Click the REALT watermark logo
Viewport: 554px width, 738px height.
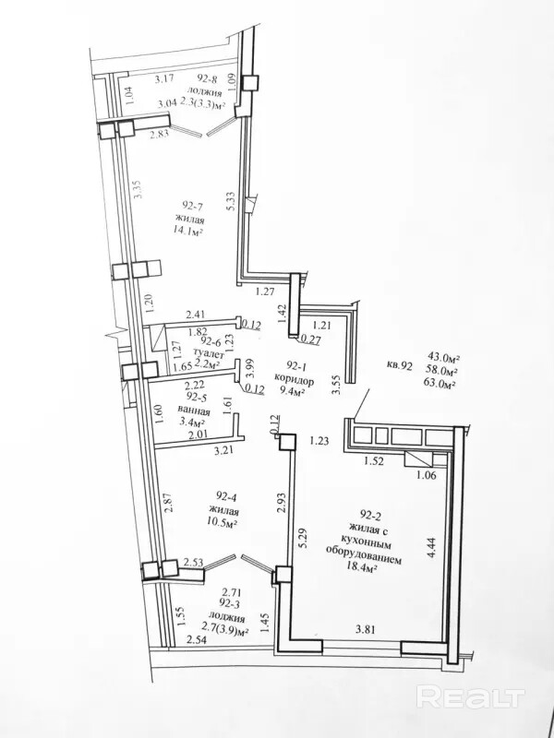coord(471,697)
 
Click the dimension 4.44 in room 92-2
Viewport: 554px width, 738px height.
coord(431,547)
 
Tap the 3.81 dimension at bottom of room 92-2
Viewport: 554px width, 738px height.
coord(366,629)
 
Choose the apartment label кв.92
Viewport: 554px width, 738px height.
coord(400,364)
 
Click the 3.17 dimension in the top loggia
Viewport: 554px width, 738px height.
coord(164,78)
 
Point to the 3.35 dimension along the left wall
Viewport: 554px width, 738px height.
coord(138,189)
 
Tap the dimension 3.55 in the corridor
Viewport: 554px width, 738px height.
coord(336,384)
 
